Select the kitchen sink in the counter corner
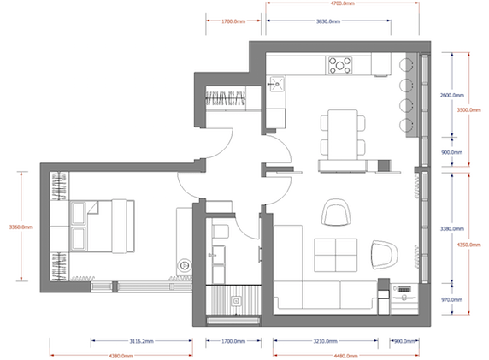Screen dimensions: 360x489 tap(277, 83)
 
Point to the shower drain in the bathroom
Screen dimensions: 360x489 tap(237, 299)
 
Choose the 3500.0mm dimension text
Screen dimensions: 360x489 tap(471, 110)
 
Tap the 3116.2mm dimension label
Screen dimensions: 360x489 tap(135, 339)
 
